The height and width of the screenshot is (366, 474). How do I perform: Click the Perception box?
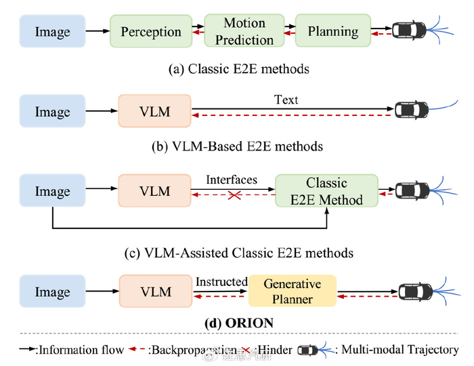[x=150, y=31]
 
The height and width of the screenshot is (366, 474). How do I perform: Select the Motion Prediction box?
[x=244, y=31]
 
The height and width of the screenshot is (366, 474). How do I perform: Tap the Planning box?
[x=332, y=31]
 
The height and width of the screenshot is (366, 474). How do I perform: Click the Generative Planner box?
[x=293, y=291]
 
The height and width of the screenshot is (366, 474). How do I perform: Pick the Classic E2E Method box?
[x=326, y=191]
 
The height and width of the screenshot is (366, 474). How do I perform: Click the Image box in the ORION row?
[x=53, y=291]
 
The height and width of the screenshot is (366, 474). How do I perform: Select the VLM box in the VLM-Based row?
[x=154, y=111]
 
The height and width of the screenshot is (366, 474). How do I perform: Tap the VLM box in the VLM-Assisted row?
[x=154, y=192]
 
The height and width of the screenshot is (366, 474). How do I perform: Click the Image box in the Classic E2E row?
[x=53, y=31]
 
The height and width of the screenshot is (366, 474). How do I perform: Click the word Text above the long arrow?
[x=286, y=100]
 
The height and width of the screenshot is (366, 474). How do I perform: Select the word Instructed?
[x=221, y=281]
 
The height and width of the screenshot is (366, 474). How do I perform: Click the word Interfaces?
[x=232, y=180]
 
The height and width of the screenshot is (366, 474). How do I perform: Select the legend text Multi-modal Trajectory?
[x=400, y=350]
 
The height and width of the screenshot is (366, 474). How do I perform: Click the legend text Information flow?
[x=79, y=350]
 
